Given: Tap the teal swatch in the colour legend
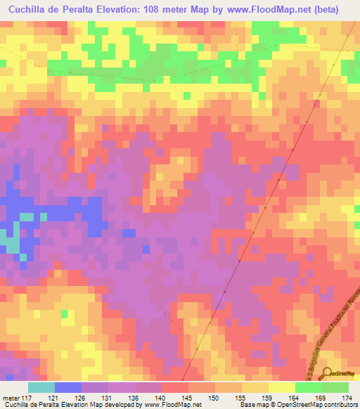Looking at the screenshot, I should click(41, 387).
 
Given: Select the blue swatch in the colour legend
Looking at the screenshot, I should click(68, 387).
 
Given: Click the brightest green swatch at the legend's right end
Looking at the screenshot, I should click(335, 387).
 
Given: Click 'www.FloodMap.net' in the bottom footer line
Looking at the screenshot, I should click(169, 405).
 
